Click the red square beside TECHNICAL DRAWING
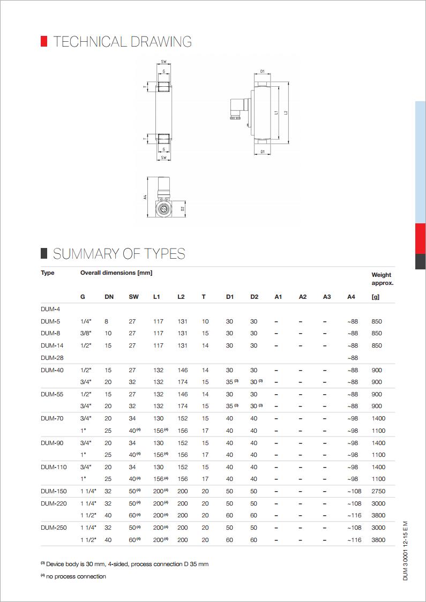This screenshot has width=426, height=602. (x=44, y=41)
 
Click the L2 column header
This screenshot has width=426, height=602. (x=181, y=297)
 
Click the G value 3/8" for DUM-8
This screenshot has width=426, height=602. (x=86, y=334)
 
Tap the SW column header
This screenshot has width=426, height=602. (x=133, y=297)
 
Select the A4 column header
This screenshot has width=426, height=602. (x=351, y=297)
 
